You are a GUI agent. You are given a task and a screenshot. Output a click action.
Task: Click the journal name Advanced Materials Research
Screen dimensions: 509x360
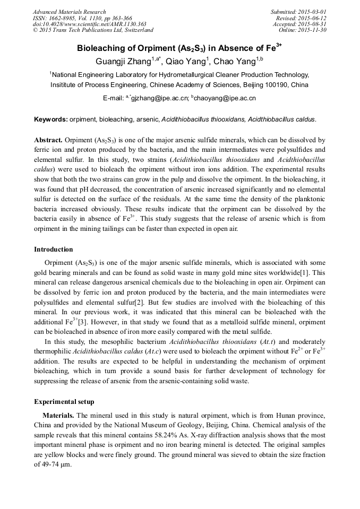coord(69,12)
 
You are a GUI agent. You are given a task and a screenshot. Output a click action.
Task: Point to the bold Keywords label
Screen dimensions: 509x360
coord(51,119)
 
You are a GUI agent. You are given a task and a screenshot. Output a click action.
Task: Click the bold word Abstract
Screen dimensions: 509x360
coord(48,140)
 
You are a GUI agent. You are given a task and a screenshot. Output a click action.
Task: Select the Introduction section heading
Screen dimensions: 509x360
coord(54,249)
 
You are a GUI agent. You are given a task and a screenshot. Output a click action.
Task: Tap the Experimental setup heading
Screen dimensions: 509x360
coord(64,401)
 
